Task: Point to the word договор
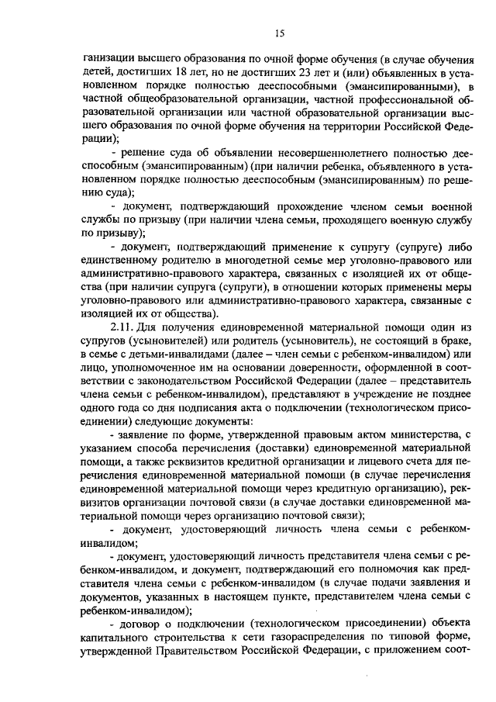[146, 624]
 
